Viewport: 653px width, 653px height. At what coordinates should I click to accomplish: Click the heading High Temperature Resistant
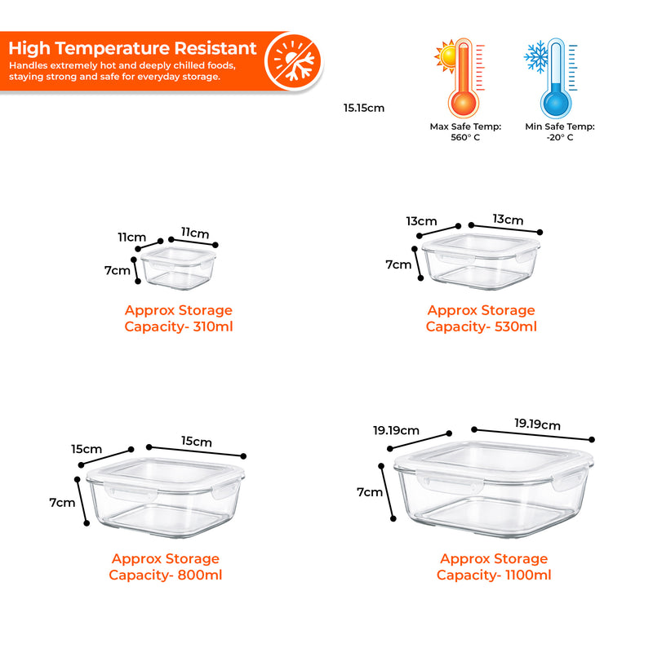click(x=132, y=48)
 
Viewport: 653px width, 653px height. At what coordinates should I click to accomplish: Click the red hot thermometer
click(x=463, y=81)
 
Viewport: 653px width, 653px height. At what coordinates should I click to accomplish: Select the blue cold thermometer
click(x=557, y=81)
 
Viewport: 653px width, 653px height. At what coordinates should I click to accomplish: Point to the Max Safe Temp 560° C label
click(x=465, y=131)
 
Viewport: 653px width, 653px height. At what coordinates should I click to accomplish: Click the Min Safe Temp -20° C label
click(x=560, y=131)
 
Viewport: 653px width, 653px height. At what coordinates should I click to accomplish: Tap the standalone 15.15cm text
click(x=363, y=107)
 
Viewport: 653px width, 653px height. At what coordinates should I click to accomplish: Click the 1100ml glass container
click(x=493, y=488)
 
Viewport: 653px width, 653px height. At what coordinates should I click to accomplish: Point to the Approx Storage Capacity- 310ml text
click(x=178, y=318)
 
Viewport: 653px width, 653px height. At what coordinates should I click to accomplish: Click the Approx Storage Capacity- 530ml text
click(x=481, y=318)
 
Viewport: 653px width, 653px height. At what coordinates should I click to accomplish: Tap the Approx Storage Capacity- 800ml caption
click(x=166, y=566)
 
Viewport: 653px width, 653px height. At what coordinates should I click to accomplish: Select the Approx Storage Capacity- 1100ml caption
click(x=494, y=566)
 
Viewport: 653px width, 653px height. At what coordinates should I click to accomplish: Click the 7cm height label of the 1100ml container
click(x=369, y=492)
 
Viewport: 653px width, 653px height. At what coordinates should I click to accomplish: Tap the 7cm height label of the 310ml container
click(x=117, y=270)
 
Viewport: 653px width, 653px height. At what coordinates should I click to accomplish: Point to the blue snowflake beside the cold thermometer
click(x=538, y=55)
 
